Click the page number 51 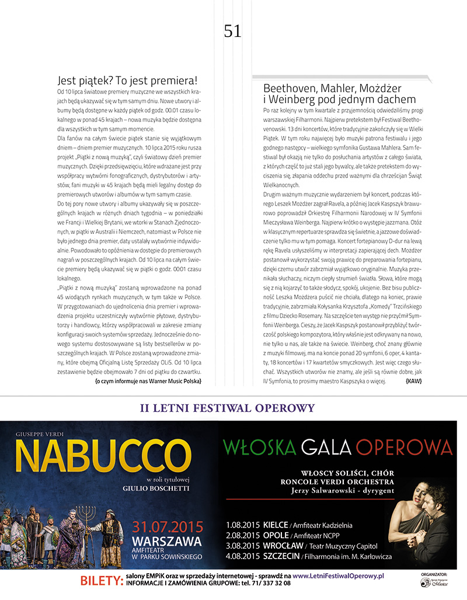pos(232,31)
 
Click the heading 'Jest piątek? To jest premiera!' pos(127,81)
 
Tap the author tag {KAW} pos(413,381)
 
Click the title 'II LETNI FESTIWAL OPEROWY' pos(228,408)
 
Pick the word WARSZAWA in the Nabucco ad pos(167,539)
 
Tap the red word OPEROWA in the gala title pos(404,447)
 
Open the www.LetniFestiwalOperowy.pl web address pos(338,575)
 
